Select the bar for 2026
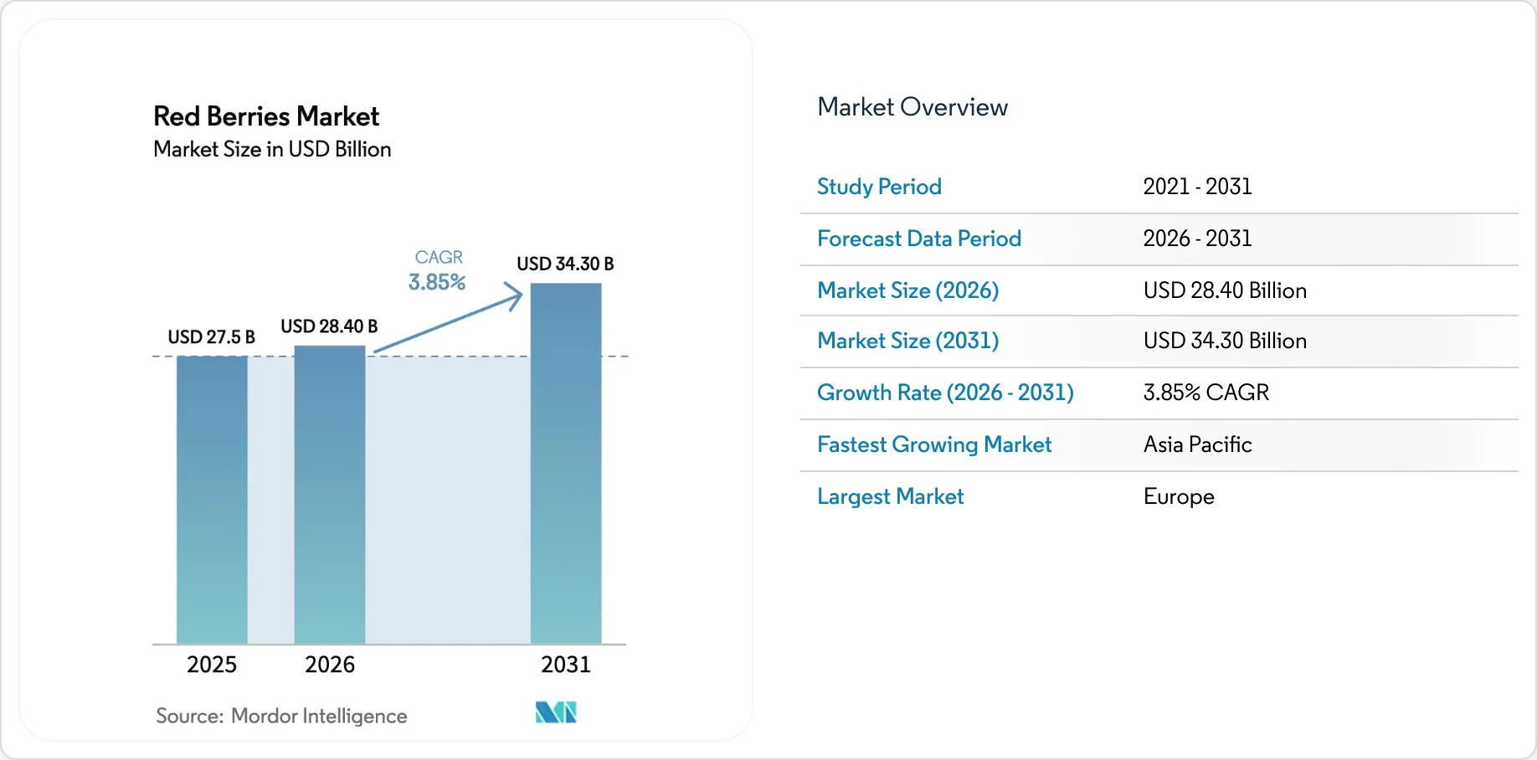pos(330,495)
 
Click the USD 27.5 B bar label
pos(211,337)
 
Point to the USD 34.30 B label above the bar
pos(565,264)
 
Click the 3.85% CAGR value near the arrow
pos(436,282)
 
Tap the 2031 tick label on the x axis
pos(566,665)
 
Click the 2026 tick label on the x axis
pos(330,665)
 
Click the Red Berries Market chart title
pos(266,116)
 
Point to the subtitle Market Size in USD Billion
pos(272,149)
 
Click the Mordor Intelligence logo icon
pos(556,712)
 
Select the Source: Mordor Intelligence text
pos(281,716)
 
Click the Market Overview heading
pos(912,107)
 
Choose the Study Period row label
pos(879,187)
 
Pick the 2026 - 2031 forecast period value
pos(1197,239)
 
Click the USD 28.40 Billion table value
pos(1225,290)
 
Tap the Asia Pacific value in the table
pos(1197,444)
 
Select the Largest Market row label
pos(890,496)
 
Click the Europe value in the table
pos(1179,496)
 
